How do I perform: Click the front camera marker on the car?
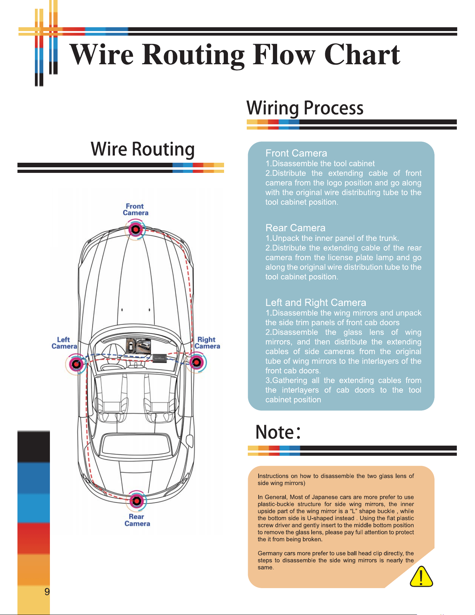(135, 229)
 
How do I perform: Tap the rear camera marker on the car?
(136, 501)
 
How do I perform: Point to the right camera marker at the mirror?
(196, 362)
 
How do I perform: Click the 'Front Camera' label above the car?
(135, 210)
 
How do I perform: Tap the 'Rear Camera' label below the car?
(137, 520)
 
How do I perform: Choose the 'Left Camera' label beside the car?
(64, 343)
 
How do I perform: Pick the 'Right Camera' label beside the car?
(207, 343)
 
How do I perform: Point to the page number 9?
(47, 592)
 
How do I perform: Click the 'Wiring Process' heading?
(305, 108)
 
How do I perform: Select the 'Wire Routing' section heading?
(143, 149)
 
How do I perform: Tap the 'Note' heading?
(278, 432)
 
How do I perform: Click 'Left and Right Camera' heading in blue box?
(316, 302)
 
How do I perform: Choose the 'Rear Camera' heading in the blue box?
(295, 228)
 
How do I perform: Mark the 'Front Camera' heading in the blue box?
(296, 153)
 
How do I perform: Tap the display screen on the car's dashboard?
(139, 346)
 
